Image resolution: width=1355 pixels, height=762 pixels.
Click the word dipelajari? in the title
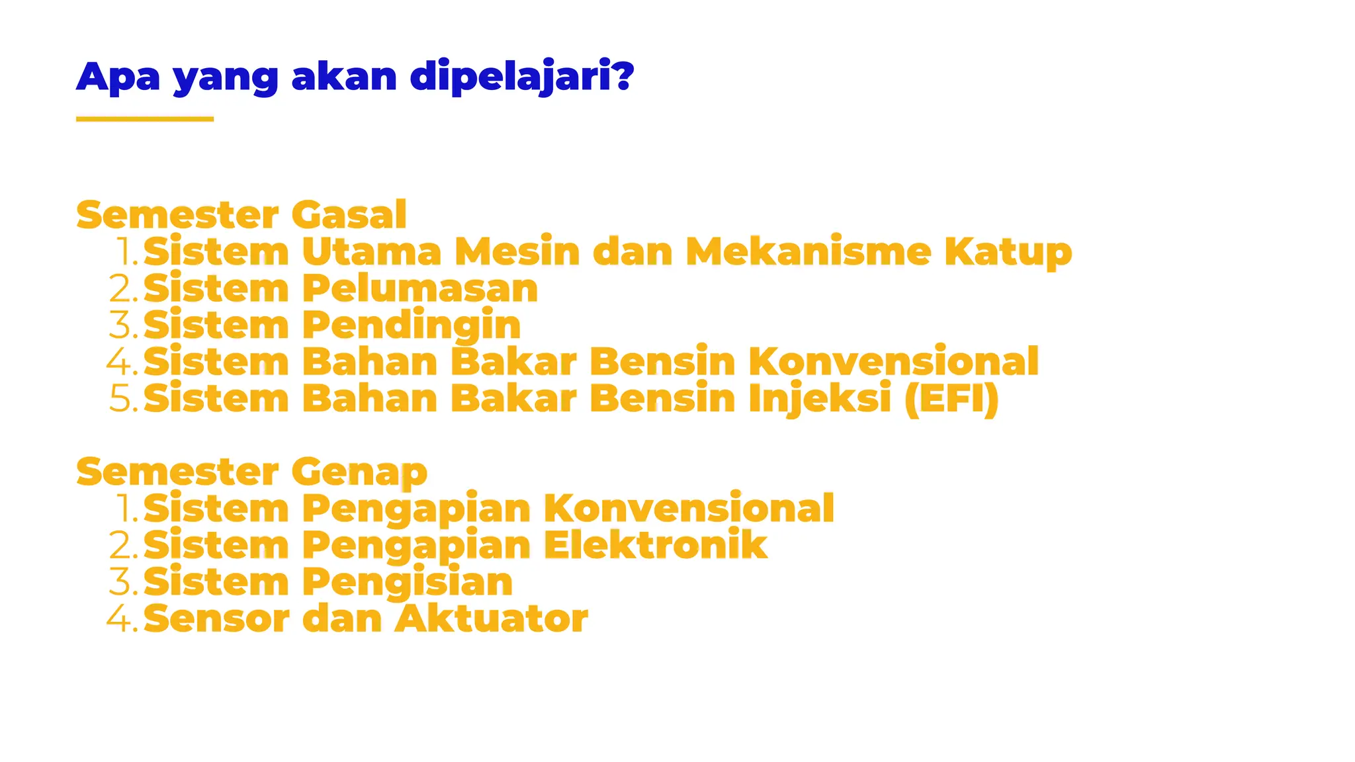click(521, 77)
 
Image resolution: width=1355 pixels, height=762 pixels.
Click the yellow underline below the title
click(144, 119)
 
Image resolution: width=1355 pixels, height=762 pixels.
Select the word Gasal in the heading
click(348, 215)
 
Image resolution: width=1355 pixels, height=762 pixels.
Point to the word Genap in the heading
click(359, 472)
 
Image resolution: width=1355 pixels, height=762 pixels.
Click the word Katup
click(1008, 253)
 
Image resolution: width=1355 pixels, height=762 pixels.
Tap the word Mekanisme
click(808, 252)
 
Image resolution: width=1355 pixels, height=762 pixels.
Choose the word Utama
click(371, 252)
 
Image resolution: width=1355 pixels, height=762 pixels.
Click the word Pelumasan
click(420, 289)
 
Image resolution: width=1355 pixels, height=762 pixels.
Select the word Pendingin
click(412, 326)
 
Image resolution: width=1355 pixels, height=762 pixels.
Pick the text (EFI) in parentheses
click(951, 399)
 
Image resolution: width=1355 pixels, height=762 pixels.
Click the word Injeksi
click(820, 400)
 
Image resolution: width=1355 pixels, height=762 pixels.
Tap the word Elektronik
click(655, 545)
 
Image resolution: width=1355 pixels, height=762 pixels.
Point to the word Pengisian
click(408, 583)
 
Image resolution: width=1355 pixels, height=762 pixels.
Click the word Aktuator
click(491, 618)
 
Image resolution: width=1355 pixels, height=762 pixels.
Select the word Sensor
click(216, 618)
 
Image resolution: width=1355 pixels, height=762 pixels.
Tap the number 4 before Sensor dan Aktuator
click(118, 618)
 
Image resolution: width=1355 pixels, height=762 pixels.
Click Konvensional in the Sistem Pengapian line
click(689, 509)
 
